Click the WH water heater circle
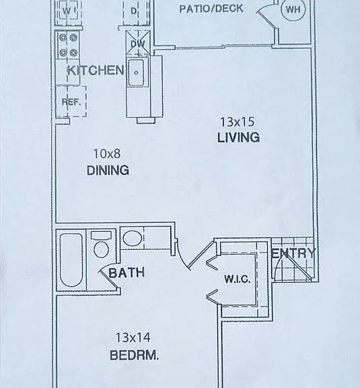click(x=293, y=9)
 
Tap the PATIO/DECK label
click(x=211, y=9)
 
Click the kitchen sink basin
click(x=136, y=73)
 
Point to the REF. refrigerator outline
click(x=71, y=102)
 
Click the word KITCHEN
click(x=96, y=70)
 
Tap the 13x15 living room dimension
click(x=237, y=122)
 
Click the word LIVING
click(x=238, y=137)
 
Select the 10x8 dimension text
click(x=107, y=154)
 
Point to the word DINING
click(x=108, y=170)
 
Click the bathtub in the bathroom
click(x=71, y=260)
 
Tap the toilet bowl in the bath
click(x=102, y=249)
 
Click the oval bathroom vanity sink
click(x=133, y=238)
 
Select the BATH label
click(x=127, y=273)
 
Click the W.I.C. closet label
click(x=238, y=279)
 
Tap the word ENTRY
click(x=293, y=253)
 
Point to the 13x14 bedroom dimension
click(x=133, y=337)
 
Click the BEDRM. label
click(x=134, y=356)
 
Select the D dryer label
click(x=133, y=11)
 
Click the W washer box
click(x=67, y=11)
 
